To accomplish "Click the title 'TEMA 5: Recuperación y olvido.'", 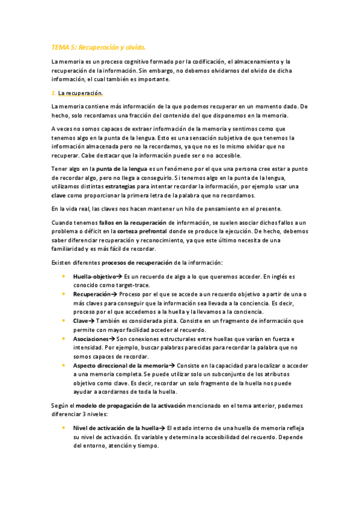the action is click(99, 46).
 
